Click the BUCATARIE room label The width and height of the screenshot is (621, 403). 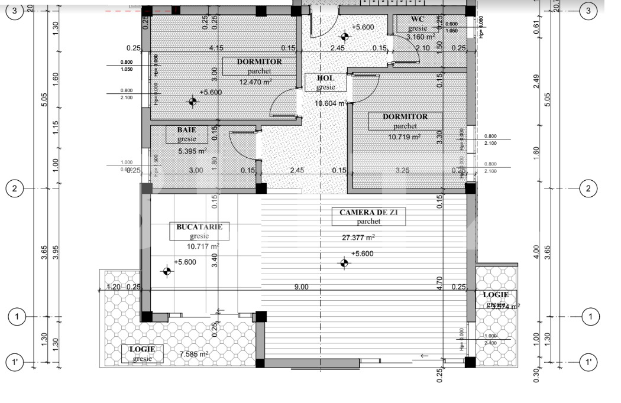point(199,226)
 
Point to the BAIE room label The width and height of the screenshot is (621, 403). point(186,129)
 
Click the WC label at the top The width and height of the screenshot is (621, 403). point(418,19)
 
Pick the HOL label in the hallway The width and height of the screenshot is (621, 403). point(325,78)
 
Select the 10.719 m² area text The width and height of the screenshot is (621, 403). point(404,136)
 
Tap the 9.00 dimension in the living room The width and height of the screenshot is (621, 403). point(301,287)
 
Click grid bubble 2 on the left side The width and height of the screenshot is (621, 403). point(15,188)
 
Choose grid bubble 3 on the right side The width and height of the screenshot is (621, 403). point(588,10)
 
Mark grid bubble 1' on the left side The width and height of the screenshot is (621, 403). point(15,361)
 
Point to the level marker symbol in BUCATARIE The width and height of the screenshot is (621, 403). point(167,271)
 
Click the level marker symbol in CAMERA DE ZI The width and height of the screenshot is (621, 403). point(344,262)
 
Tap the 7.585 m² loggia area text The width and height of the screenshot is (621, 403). point(193,355)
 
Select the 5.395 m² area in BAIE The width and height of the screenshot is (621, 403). point(192,151)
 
